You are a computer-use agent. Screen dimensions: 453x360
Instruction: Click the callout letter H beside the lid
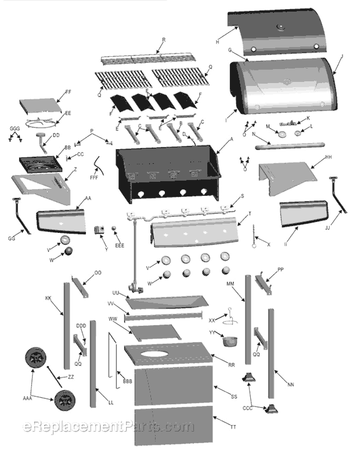(x=217, y=42)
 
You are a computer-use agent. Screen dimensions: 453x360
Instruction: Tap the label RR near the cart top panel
(x=231, y=365)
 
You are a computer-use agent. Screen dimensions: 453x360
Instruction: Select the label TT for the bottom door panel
(x=233, y=427)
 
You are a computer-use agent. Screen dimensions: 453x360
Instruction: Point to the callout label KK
(x=48, y=298)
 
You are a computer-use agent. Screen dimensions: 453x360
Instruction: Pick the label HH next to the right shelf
(x=328, y=157)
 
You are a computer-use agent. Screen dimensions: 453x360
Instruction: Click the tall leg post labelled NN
(x=271, y=348)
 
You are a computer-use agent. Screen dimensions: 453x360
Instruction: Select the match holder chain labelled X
(x=254, y=240)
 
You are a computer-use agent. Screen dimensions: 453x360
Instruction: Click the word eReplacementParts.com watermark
(x=108, y=427)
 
